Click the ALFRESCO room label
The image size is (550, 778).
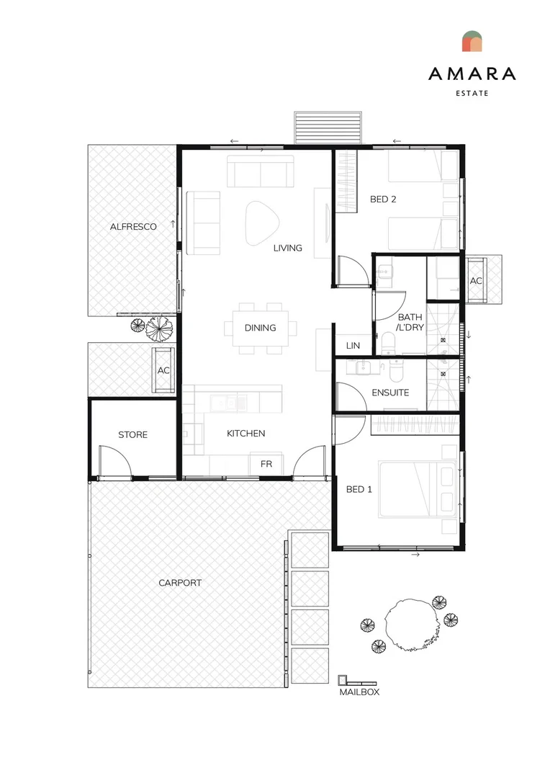click(x=133, y=227)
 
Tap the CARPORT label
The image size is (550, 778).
click(x=180, y=583)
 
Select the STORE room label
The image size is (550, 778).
click(x=133, y=434)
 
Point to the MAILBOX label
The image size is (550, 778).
click(x=359, y=692)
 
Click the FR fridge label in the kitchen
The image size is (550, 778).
click(x=266, y=464)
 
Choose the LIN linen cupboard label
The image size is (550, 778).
click(x=353, y=345)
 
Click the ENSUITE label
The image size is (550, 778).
click(x=390, y=393)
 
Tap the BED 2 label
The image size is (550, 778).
click(x=383, y=200)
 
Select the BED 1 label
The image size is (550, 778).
click(x=359, y=489)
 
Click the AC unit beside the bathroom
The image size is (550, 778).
click(x=476, y=280)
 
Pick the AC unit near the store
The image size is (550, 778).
click(x=163, y=370)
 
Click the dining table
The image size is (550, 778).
click(x=261, y=328)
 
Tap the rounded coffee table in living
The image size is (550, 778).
click(x=262, y=223)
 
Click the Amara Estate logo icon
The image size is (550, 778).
click(x=472, y=41)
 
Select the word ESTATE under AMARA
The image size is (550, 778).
click(x=472, y=93)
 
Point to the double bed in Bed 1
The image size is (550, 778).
click(x=417, y=490)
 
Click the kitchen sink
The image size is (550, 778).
click(x=229, y=403)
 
